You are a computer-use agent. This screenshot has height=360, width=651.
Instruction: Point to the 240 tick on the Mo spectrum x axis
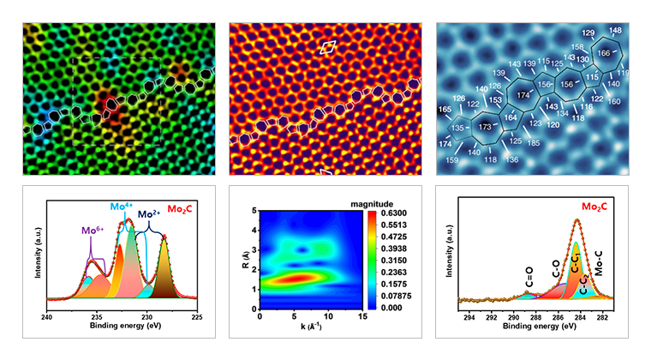coord(47,315)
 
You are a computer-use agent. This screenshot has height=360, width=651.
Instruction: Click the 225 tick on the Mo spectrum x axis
coord(196,315)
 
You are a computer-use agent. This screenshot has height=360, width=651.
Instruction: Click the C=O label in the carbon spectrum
coord(530,279)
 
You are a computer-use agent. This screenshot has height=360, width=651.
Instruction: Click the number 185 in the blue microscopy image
coord(557,142)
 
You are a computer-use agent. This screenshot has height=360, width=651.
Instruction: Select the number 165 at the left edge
coord(445,109)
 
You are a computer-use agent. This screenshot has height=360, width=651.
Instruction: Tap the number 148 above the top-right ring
coord(615,30)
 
